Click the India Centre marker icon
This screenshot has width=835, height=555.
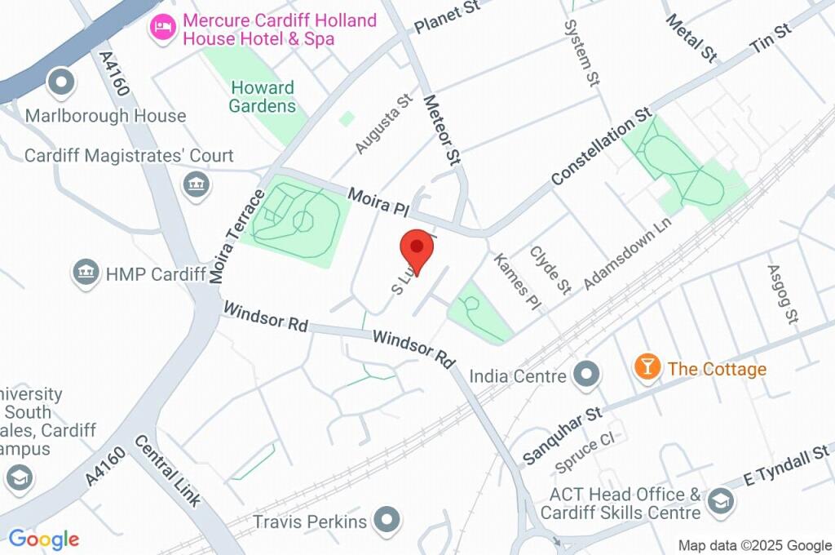pos(586,375)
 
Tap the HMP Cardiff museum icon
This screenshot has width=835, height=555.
pos(86,273)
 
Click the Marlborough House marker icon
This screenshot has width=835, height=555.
pos(61,82)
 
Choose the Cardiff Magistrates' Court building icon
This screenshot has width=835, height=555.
pos(196,183)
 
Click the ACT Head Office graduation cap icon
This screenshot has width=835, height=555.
pos(721,501)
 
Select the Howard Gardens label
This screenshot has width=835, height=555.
pos(263,96)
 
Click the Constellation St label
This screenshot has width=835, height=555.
pos(602,145)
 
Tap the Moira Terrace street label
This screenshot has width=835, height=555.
pos(236,237)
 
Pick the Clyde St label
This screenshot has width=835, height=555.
pos(550,269)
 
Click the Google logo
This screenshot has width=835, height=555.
pos(44,539)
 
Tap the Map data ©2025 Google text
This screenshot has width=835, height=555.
pos(755,545)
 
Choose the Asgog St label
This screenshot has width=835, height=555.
pos(782,294)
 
